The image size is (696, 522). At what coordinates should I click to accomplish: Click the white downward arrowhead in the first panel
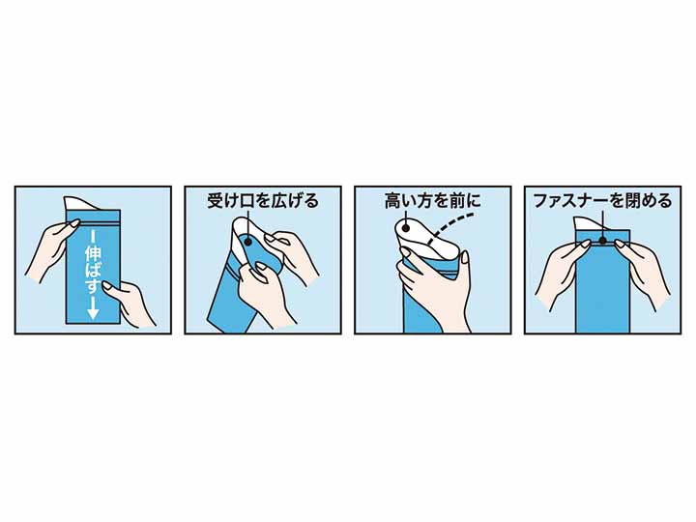click(93, 312)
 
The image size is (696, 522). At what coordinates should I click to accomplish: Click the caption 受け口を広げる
click(262, 202)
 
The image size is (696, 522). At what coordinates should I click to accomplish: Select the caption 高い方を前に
click(432, 202)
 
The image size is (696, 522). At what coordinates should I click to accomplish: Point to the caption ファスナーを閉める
click(602, 202)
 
